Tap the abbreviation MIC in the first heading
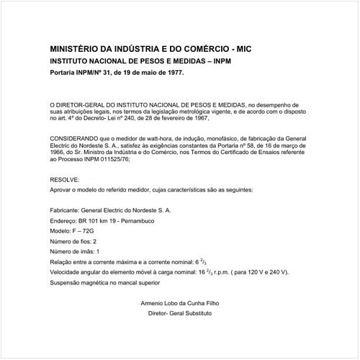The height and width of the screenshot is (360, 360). click(241, 49)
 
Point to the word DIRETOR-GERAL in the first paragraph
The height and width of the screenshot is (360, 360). click(86, 105)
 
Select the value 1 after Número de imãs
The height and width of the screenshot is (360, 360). click(97, 251)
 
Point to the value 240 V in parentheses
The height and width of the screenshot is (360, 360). click(276, 274)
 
